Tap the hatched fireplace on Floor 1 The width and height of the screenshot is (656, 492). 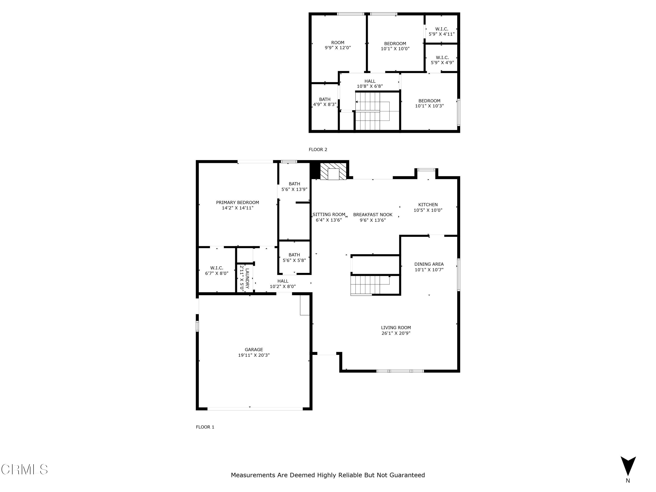point(333,171)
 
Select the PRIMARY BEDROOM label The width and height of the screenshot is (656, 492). point(237,202)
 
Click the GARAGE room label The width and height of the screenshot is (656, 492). point(254,350)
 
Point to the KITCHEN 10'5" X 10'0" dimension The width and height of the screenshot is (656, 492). point(428,210)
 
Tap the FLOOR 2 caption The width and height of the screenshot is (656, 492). point(318,150)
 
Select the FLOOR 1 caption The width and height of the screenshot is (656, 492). point(205,427)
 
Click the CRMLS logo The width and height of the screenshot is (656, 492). point(24,469)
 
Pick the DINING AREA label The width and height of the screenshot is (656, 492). point(429,264)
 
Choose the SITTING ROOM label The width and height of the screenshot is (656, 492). point(329,215)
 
